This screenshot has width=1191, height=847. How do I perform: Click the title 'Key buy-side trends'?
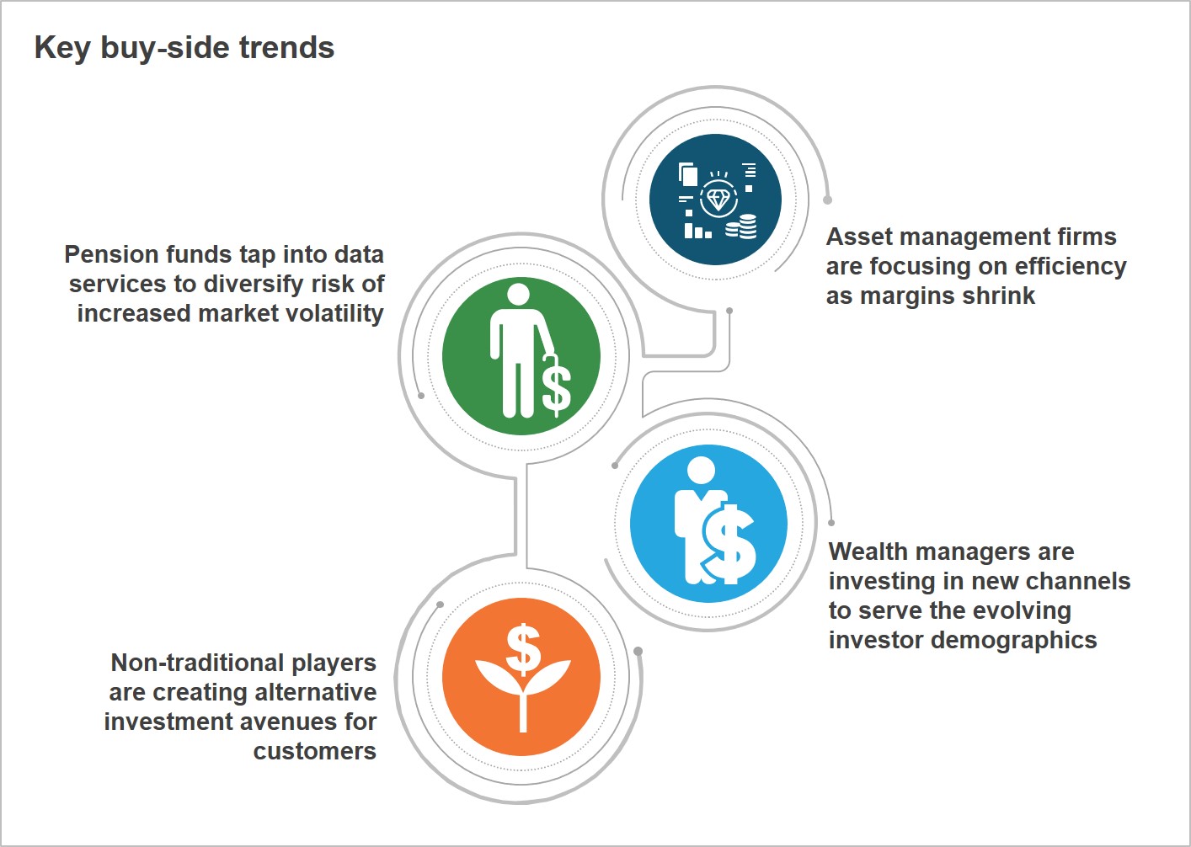pos(184,48)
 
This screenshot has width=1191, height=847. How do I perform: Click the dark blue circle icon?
pos(715,200)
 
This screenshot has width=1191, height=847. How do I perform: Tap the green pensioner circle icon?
pos(521,356)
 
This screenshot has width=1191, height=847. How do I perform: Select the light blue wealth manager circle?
pos(708,524)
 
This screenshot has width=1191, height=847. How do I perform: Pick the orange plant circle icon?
pos(521,676)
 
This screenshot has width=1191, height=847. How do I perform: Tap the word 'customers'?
pos(315,751)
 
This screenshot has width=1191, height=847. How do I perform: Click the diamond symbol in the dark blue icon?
pos(718,200)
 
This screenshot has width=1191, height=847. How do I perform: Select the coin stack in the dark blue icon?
pos(741,226)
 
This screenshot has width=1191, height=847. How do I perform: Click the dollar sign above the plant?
pos(523,649)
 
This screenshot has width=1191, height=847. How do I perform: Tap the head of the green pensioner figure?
pos(518,294)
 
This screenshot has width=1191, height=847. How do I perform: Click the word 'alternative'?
pos(316,692)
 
